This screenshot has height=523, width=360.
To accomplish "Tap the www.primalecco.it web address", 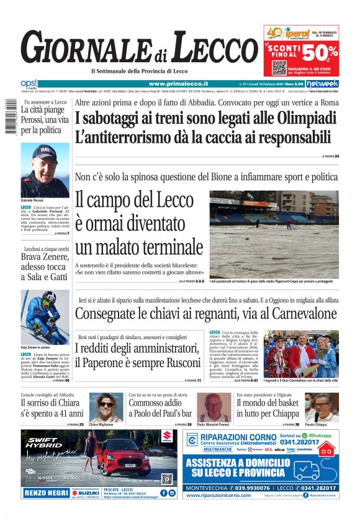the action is pos(178,83).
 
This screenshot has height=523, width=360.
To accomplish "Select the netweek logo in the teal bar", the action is pos(322,83).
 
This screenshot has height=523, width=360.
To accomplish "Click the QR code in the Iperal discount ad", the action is pos(279,67).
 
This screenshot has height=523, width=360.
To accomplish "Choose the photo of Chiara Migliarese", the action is pos(106,407).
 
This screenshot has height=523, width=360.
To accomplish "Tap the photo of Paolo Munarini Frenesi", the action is pos(214,407).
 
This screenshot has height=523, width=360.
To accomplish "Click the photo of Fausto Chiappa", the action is pos(321,407).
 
